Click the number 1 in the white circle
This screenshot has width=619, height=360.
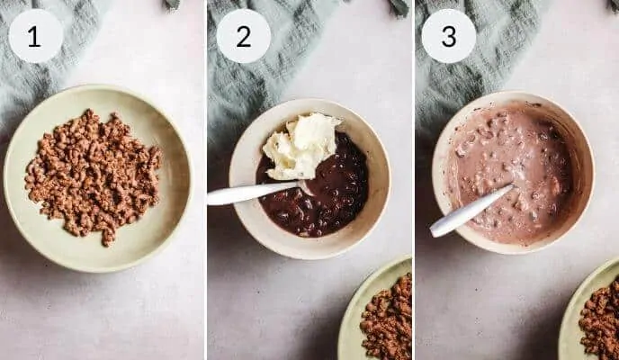[x=34, y=37]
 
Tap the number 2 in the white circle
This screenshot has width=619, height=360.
[x=244, y=37]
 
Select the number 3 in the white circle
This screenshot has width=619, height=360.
[x=449, y=37]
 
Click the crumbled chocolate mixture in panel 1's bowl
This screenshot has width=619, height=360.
[x=94, y=175]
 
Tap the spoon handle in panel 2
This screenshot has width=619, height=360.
[x=253, y=193]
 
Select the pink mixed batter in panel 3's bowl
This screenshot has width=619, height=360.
[x=509, y=174]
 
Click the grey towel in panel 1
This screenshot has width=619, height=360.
[x=35, y=79]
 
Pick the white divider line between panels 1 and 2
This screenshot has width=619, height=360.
[x=206, y=180]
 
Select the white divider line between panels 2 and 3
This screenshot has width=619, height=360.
[x=413, y=180]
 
